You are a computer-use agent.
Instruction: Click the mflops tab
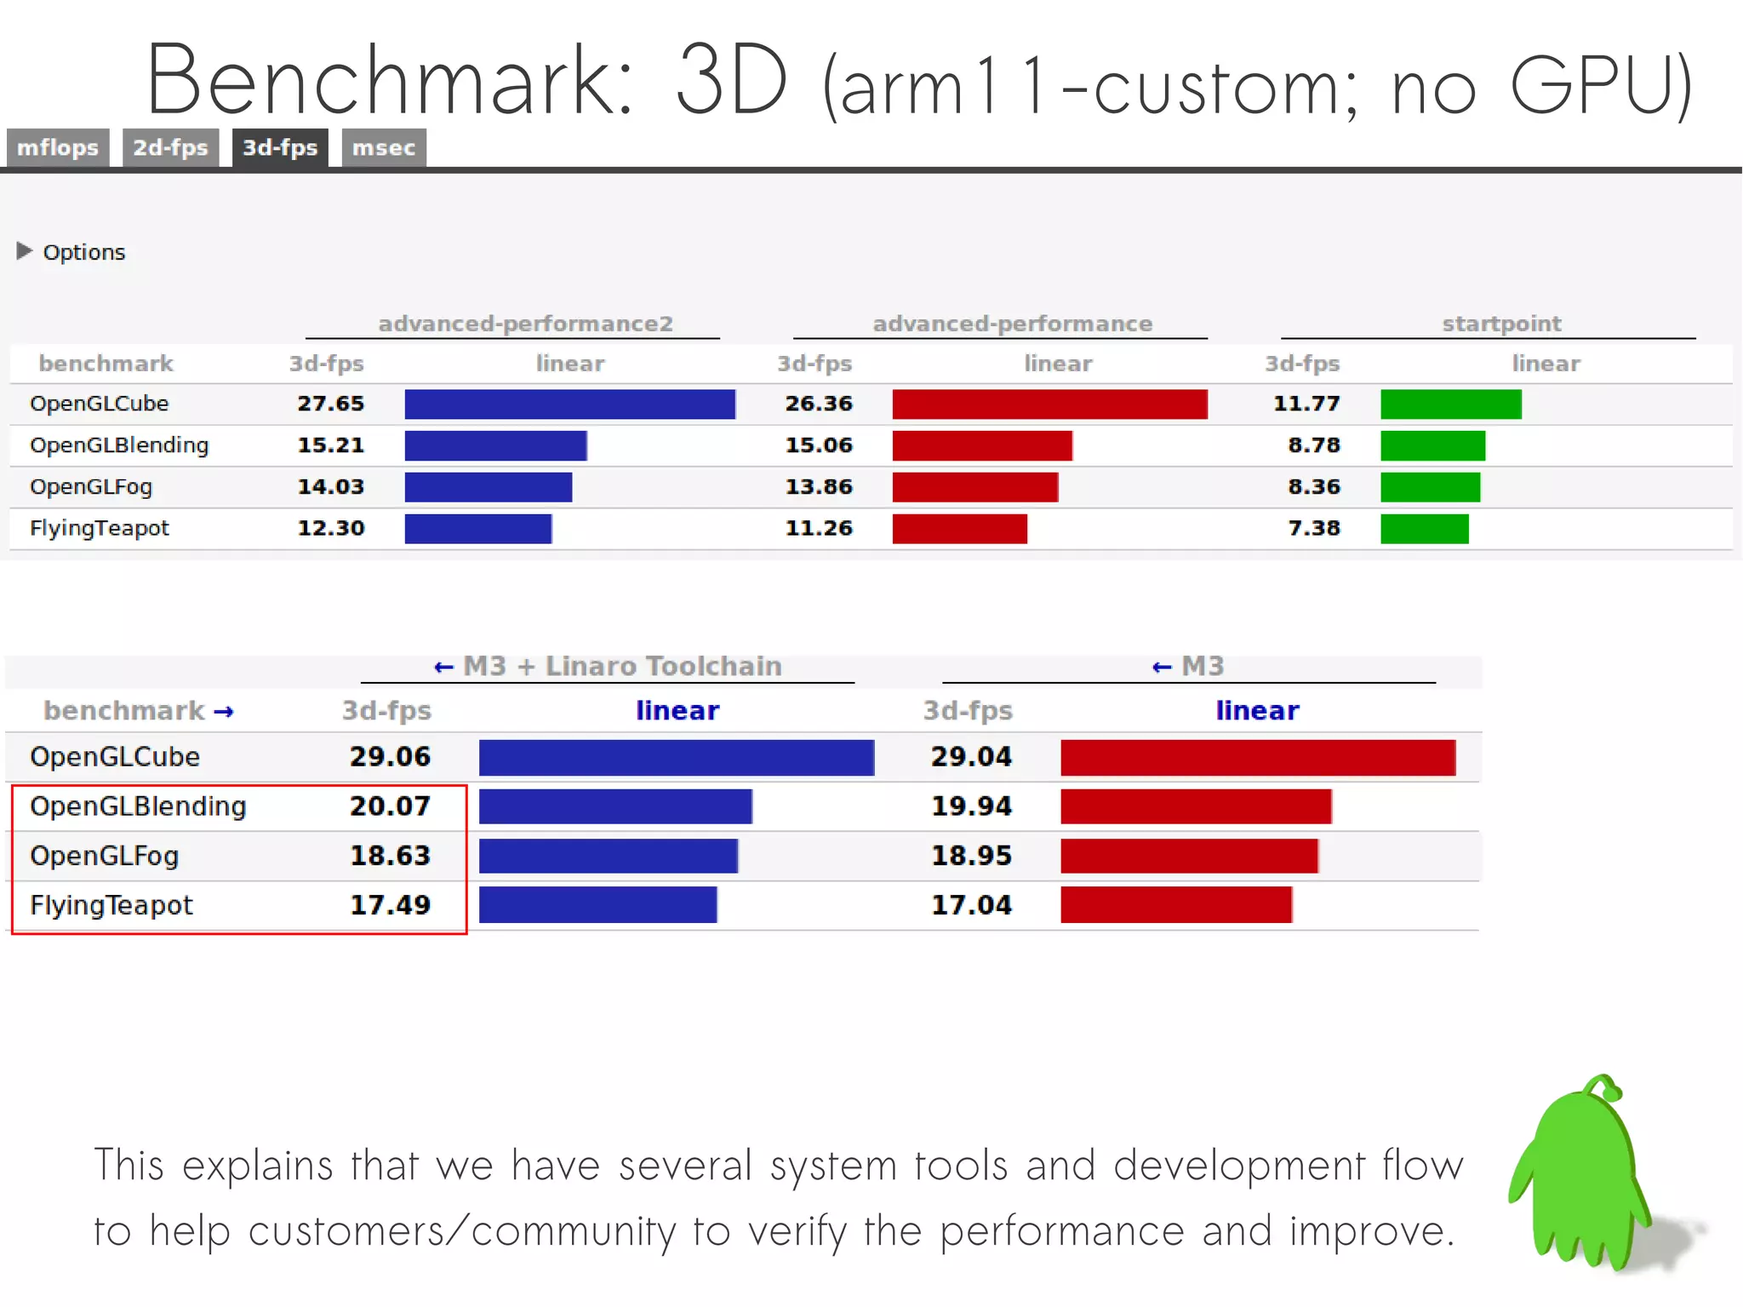click(x=58, y=148)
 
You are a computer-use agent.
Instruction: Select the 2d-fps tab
click(x=170, y=148)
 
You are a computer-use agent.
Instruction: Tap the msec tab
click(x=383, y=148)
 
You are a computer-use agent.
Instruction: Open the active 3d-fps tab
click(x=280, y=148)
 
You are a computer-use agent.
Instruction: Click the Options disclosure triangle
click(x=24, y=251)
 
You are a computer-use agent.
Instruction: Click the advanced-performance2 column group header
click(x=525, y=324)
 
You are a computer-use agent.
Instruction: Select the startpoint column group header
click(x=1501, y=324)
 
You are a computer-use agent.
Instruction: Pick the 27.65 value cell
click(x=330, y=404)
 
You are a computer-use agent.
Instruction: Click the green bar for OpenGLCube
click(x=1450, y=404)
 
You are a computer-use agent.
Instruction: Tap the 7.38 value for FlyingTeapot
click(x=1313, y=529)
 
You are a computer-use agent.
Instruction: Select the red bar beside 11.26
click(x=959, y=529)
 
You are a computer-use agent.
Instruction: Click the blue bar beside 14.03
click(x=488, y=487)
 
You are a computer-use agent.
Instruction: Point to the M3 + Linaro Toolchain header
click(x=621, y=666)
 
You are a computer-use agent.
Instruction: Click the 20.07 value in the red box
click(x=390, y=806)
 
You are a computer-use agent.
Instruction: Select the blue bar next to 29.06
click(x=676, y=758)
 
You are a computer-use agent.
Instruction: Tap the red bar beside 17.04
click(x=1175, y=905)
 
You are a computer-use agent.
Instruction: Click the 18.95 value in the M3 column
click(x=971, y=856)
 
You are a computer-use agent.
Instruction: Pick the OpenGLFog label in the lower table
click(x=104, y=856)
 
